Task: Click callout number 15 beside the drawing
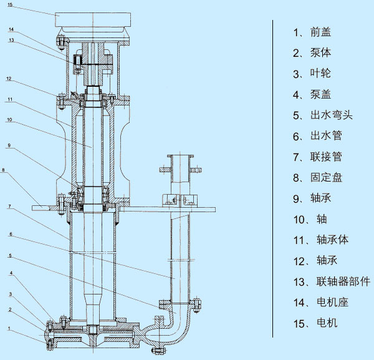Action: (x=9, y=6)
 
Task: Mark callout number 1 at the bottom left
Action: (x=9, y=328)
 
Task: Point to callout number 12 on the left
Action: (x=9, y=79)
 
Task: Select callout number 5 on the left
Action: (x=9, y=255)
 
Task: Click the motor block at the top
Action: (x=93, y=19)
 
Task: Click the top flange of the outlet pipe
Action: (x=181, y=168)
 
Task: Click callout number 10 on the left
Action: (x=9, y=120)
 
